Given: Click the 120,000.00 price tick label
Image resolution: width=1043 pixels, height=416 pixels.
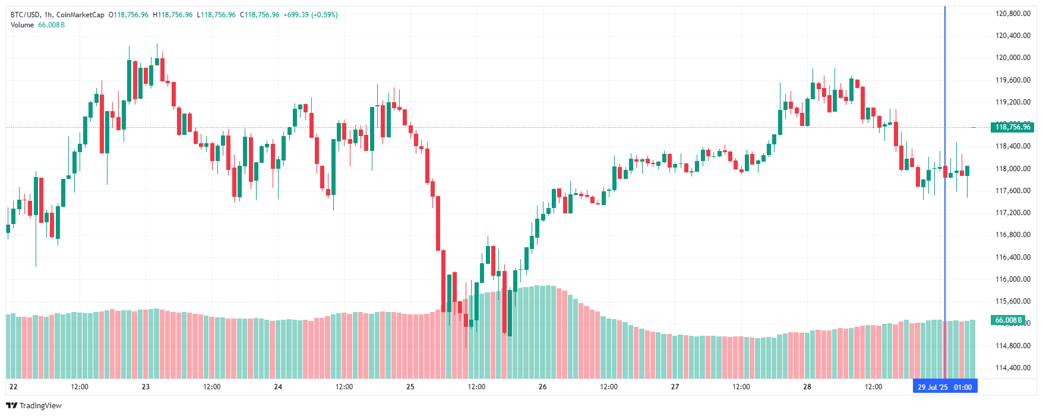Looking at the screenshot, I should (x=1013, y=58).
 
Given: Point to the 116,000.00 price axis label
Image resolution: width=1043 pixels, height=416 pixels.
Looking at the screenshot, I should (x=1013, y=279).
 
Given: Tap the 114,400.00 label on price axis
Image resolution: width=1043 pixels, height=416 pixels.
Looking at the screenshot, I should (x=1013, y=368).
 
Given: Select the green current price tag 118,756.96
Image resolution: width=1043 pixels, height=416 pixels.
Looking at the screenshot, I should (x=1013, y=127).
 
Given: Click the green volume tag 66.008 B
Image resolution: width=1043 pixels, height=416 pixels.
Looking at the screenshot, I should (x=1009, y=320).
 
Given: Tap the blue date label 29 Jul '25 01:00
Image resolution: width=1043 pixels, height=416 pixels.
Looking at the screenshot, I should (x=944, y=387).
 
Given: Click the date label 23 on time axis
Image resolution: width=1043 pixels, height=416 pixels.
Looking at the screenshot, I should (x=146, y=387).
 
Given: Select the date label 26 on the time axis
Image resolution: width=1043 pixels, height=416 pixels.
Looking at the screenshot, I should (x=542, y=387).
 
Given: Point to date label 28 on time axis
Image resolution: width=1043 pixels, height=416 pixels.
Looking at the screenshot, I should (x=807, y=387).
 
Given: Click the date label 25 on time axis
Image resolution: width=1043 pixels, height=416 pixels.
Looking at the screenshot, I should (x=410, y=387).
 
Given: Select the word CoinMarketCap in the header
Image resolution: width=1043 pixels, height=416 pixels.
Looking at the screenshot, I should (x=80, y=15).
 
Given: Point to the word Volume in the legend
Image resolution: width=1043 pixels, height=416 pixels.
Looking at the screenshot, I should (x=22, y=25).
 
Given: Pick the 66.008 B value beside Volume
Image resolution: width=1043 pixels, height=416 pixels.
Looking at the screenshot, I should (x=52, y=25).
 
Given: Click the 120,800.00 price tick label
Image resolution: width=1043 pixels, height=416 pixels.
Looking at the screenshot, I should (x=1013, y=14).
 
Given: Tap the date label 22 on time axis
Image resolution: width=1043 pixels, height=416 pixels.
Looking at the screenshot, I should (x=14, y=387).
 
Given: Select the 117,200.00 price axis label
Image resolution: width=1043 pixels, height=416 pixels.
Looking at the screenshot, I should (x=1013, y=213).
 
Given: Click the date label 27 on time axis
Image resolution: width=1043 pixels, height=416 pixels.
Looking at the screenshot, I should (x=675, y=387).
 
